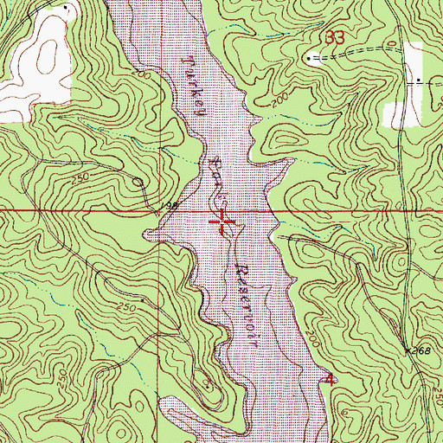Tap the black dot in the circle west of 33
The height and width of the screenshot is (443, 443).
[x=310, y=59]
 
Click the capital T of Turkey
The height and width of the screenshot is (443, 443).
[x=190, y=61]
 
